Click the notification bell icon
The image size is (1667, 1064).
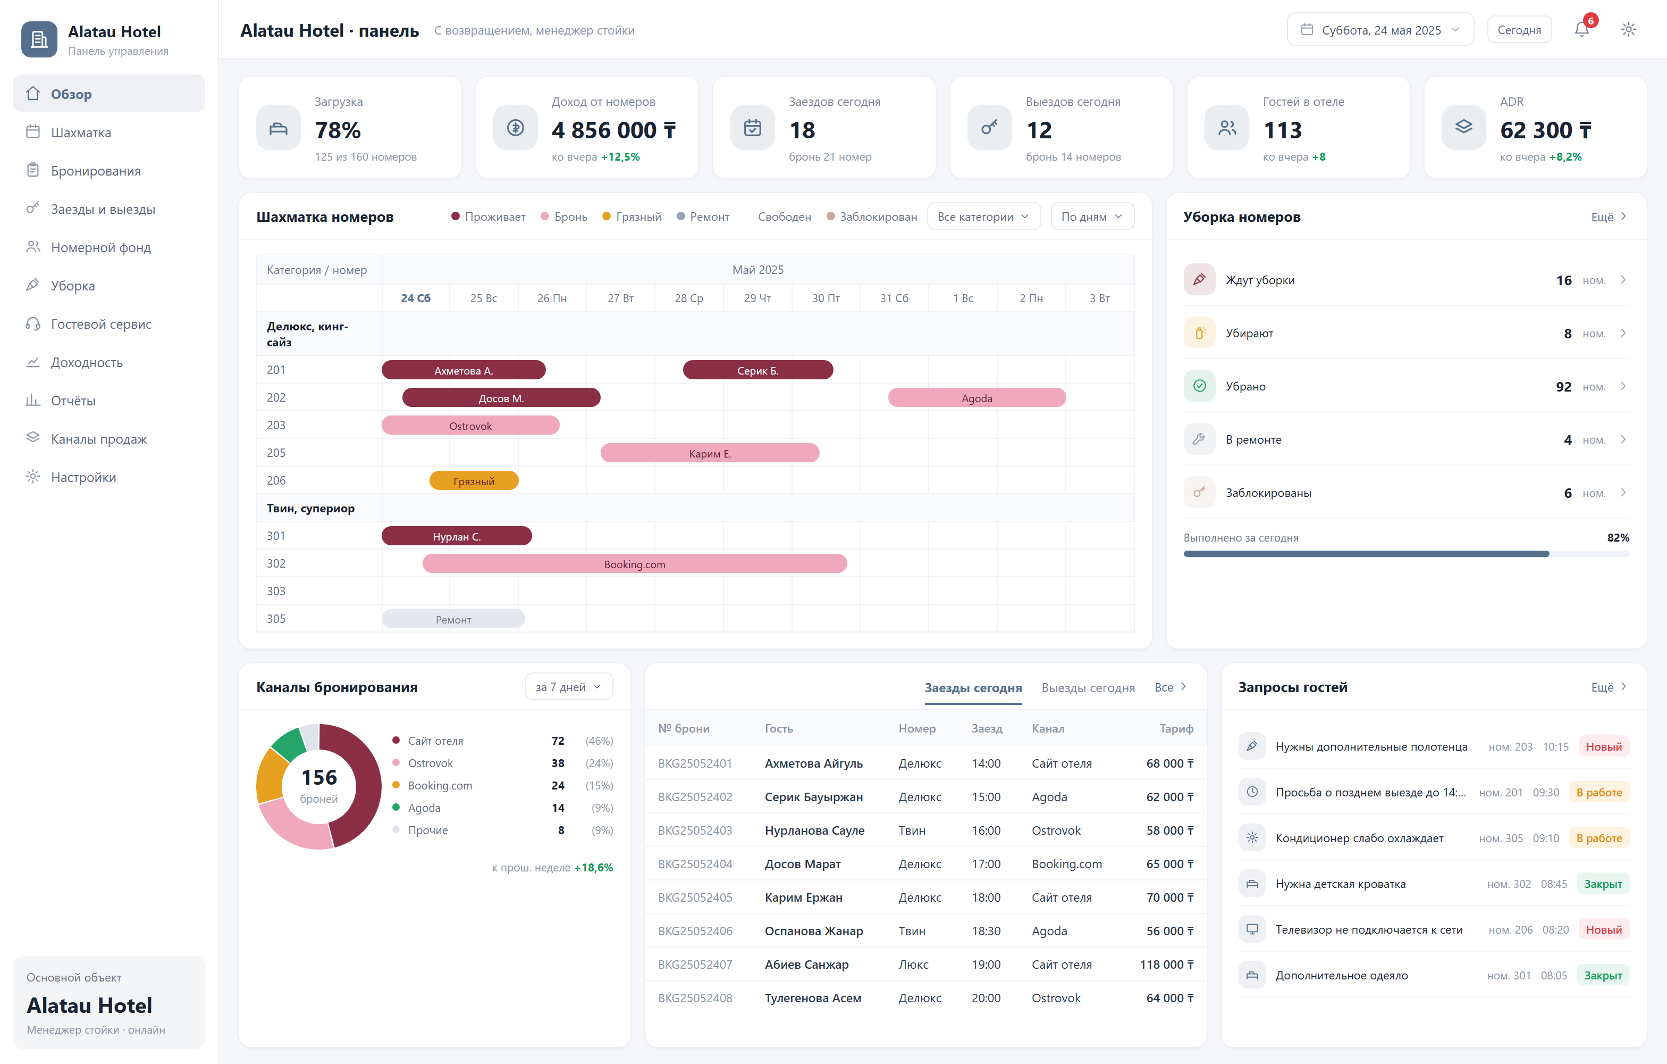click(1581, 30)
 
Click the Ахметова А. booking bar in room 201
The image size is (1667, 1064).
click(463, 371)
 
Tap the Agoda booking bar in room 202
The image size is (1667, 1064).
click(977, 398)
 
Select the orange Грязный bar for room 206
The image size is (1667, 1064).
click(474, 481)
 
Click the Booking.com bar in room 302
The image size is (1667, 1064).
click(634, 564)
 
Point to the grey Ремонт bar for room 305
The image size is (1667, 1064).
click(453, 619)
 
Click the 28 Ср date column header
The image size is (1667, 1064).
click(689, 298)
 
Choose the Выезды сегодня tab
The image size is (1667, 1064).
click(1088, 688)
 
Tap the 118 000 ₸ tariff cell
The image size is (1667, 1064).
click(1166, 964)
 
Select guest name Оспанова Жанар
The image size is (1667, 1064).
click(813, 931)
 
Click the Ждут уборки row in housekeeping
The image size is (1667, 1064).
click(1406, 280)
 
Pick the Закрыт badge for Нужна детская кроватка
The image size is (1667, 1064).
click(1603, 884)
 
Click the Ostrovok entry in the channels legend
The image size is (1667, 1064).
click(430, 763)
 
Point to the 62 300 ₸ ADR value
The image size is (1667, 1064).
click(1545, 130)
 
